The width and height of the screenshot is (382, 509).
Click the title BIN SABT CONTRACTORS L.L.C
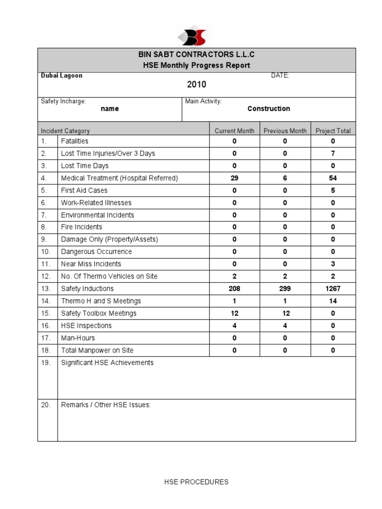pyautogui.click(x=196, y=55)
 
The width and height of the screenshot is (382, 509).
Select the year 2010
pyautogui.click(x=196, y=85)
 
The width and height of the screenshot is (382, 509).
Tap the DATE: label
pyautogui.click(x=280, y=76)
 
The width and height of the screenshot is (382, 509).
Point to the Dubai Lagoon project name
pyautogui.click(x=62, y=76)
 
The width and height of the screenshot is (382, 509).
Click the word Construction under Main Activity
pyautogui.click(x=269, y=109)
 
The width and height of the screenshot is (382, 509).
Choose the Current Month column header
pyautogui.click(x=234, y=131)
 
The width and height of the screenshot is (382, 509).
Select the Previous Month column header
pyautogui.click(x=285, y=131)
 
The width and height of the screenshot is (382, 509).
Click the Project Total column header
pyautogui.click(x=333, y=131)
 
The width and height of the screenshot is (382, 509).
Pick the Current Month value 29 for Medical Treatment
pyautogui.click(x=234, y=178)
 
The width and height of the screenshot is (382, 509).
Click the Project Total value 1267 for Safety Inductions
pyautogui.click(x=333, y=289)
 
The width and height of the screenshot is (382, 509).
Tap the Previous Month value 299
pyautogui.click(x=285, y=289)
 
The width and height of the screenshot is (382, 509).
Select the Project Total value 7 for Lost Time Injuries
pyautogui.click(x=333, y=154)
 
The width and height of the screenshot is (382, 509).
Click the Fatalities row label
pyautogui.click(x=75, y=141)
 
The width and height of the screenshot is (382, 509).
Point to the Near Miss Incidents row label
pyautogui.click(x=91, y=264)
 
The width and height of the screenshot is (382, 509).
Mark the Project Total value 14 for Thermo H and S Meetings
pyautogui.click(x=333, y=301)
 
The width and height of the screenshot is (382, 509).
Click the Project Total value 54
pyautogui.click(x=333, y=178)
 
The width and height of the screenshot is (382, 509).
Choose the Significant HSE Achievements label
pyautogui.click(x=107, y=363)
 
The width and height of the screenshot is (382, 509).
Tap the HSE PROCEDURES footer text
pyautogui.click(x=196, y=482)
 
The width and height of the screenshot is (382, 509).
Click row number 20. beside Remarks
pyautogui.click(x=46, y=405)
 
